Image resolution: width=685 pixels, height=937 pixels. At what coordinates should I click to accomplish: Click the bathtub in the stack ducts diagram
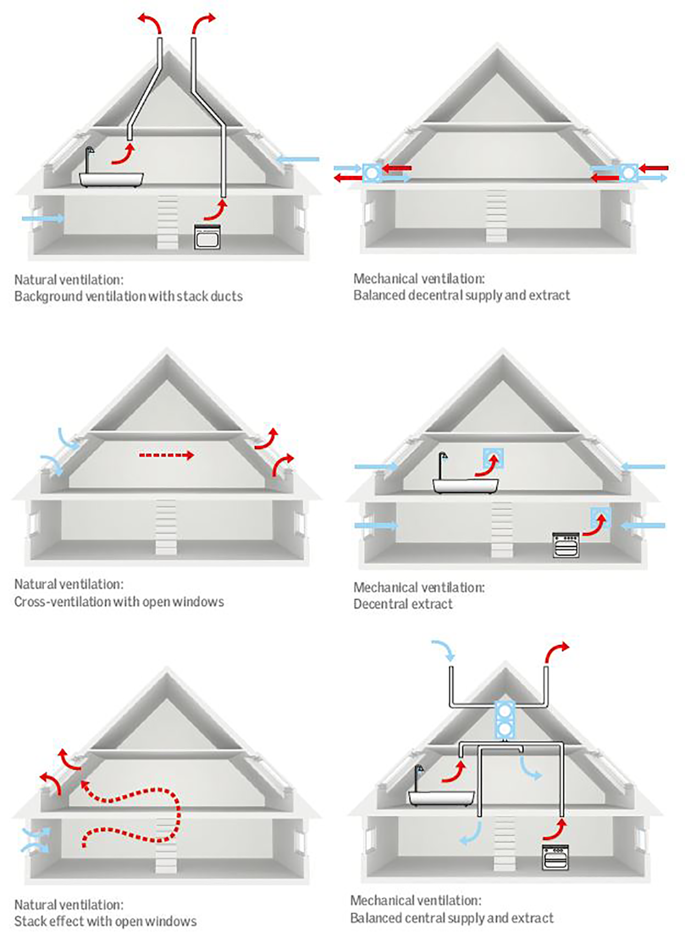pyautogui.click(x=111, y=179)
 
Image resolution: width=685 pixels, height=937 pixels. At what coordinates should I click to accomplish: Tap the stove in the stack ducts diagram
pyautogui.click(x=207, y=237)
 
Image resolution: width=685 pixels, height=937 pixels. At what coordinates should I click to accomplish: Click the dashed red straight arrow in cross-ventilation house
pyautogui.click(x=166, y=456)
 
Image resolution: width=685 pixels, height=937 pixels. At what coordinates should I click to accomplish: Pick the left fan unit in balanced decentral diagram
pyautogui.click(x=371, y=173)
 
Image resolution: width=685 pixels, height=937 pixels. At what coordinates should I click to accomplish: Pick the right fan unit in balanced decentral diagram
pyautogui.click(x=629, y=173)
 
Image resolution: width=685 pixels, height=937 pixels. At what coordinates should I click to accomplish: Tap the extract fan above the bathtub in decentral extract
pyautogui.click(x=493, y=458)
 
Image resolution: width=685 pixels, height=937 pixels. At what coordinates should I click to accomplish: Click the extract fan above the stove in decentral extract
pyautogui.click(x=600, y=517)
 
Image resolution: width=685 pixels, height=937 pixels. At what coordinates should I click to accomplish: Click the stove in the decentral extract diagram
pyautogui.click(x=566, y=545)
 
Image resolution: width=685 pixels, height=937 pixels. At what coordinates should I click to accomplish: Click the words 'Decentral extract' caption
pyautogui.click(x=403, y=604)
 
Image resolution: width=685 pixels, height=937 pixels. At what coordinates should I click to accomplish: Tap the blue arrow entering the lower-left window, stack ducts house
pyautogui.click(x=43, y=218)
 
